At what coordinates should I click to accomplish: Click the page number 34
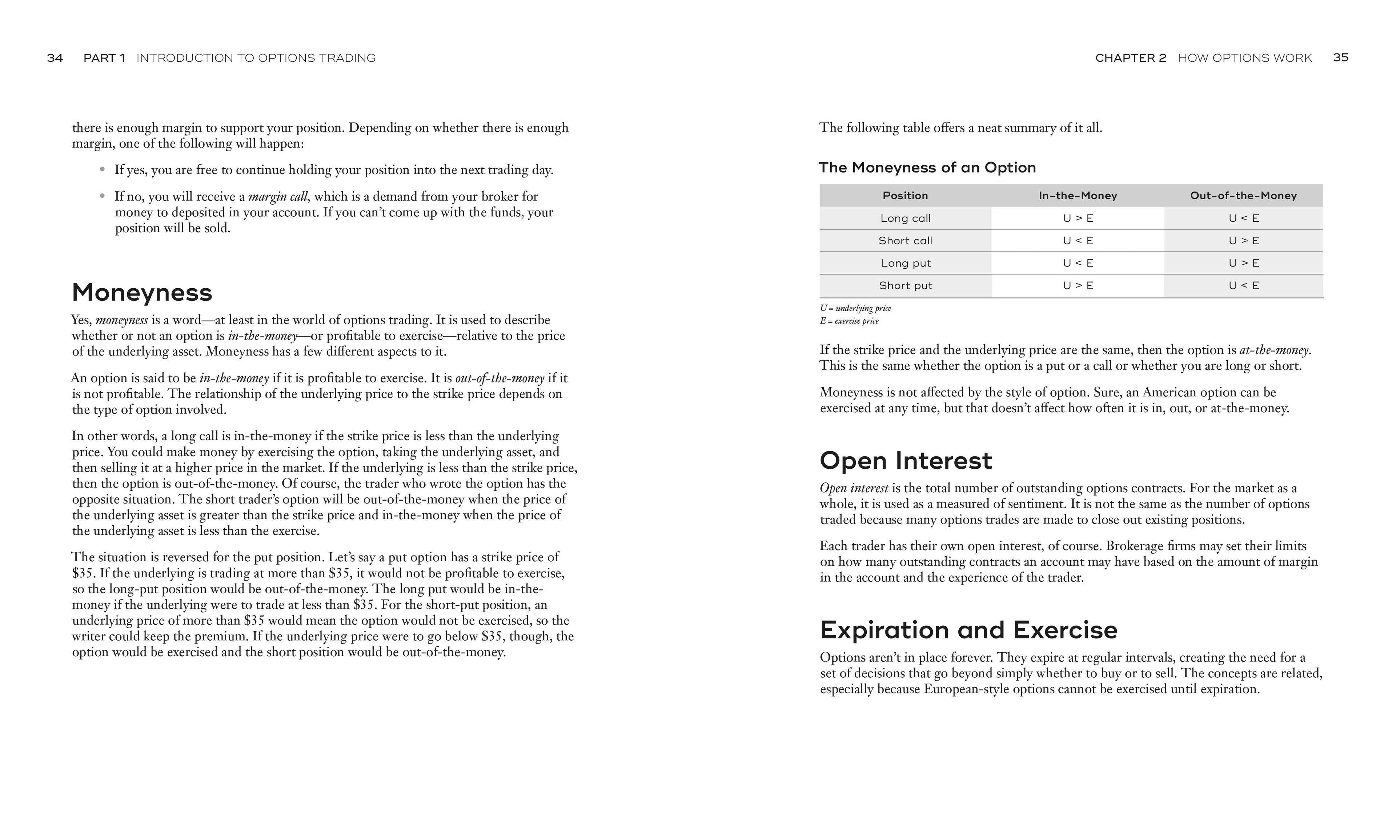pos(55,58)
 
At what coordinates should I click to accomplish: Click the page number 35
pos(1340,57)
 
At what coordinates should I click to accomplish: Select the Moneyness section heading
pos(142,292)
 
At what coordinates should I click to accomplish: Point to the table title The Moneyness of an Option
pos(927,168)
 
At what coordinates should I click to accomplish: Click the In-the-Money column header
pos(1077,196)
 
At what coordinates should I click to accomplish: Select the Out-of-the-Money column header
pos(1243,196)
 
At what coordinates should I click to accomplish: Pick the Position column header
pos(905,196)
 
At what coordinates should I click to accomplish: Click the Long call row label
pos(905,218)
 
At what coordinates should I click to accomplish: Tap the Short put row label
pos(905,285)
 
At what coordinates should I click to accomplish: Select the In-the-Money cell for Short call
pos(1077,241)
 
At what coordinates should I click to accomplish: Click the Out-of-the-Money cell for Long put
pos(1243,263)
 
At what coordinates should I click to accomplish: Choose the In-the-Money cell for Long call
pos(1077,218)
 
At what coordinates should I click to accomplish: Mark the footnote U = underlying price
pos(855,308)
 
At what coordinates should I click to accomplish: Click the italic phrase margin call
pos(278,197)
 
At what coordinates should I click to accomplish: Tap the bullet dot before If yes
pos(102,169)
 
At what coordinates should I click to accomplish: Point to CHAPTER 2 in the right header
pos(1130,58)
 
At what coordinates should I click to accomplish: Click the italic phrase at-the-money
pos(1274,350)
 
